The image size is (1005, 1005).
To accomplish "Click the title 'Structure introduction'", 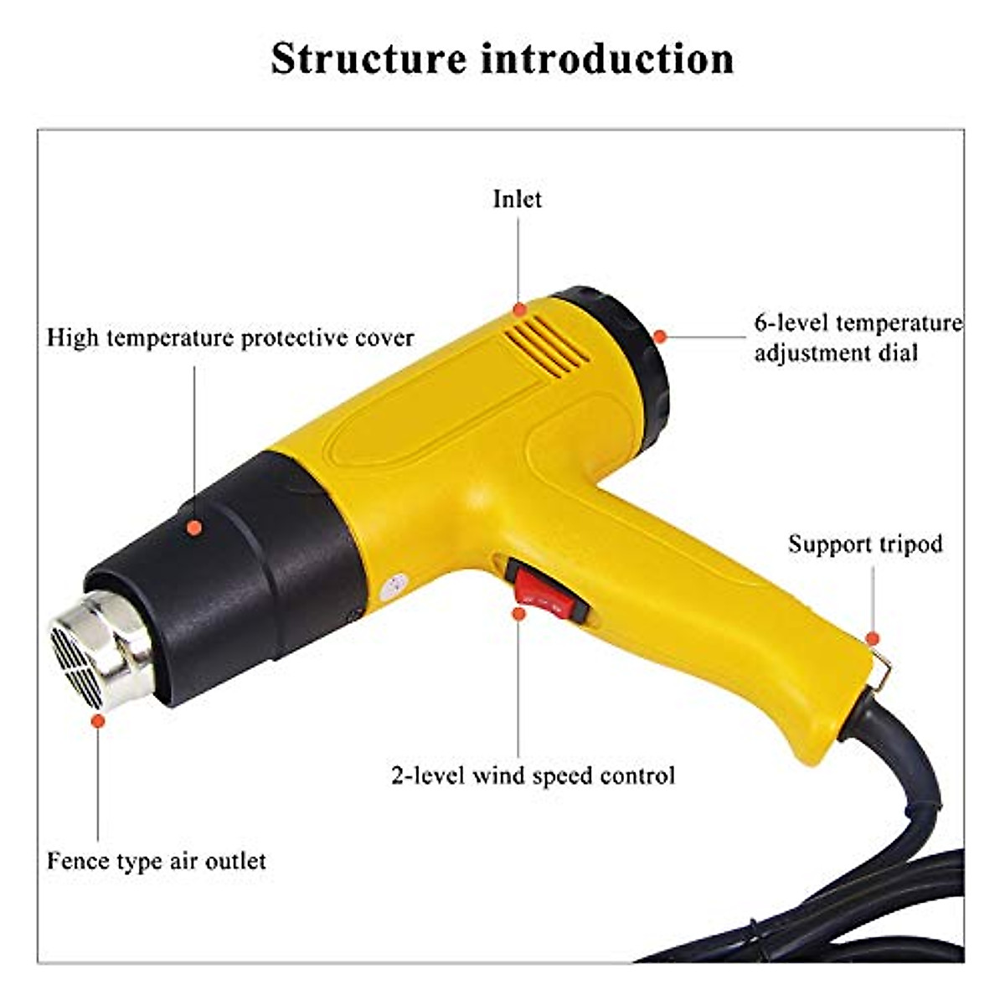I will click(502, 59).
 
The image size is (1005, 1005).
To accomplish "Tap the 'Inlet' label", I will click(517, 199).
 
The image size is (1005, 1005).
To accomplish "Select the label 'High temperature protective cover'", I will click(230, 338).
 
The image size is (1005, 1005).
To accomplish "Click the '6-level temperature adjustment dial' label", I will click(857, 338).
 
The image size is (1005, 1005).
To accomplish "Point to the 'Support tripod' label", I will click(865, 544).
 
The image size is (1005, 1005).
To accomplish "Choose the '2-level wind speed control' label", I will click(533, 776).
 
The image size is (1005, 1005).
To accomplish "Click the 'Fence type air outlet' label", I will click(157, 861).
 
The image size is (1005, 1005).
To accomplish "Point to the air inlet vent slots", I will click(549, 348).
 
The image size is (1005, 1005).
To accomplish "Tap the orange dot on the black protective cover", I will click(194, 528).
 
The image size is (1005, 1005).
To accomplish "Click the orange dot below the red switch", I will click(518, 614).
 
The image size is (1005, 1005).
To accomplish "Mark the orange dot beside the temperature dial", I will click(660, 337).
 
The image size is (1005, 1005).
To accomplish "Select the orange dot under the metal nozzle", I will click(98, 720).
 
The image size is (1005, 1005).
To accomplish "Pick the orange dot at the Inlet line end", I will click(519, 308).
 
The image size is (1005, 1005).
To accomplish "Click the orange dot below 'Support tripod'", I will click(872, 638).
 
